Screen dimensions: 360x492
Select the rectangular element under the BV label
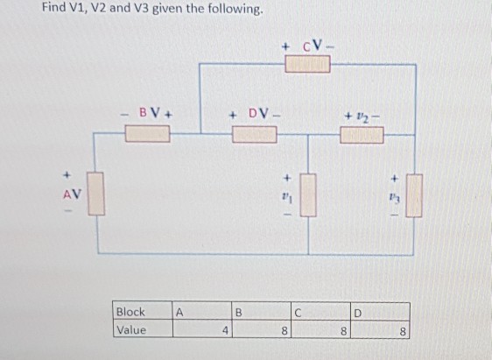pos(148,134)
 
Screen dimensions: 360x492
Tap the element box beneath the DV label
pos(253,134)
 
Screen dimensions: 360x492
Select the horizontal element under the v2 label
pos(360,134)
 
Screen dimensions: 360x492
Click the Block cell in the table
pos(132,311)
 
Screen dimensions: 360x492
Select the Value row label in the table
pos(132,329)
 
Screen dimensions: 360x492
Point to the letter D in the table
pos(355,312)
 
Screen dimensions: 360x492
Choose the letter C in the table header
pos(298,312)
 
